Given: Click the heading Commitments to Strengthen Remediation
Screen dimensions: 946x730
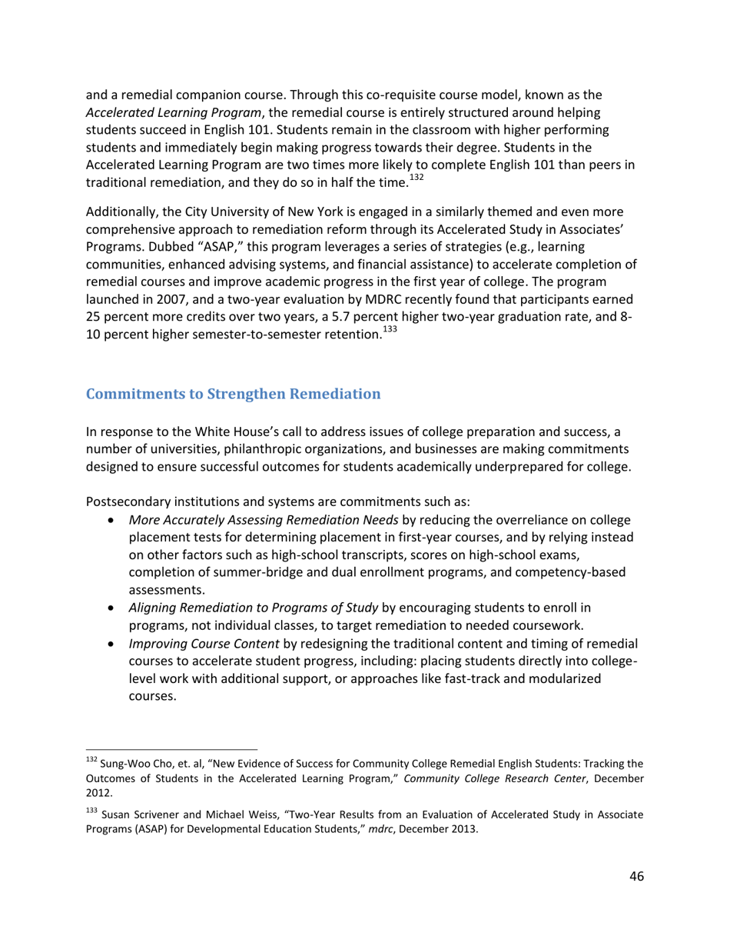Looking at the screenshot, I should [x=233, y=394].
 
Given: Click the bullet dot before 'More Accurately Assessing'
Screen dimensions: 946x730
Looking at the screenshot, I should [x=113, y=521].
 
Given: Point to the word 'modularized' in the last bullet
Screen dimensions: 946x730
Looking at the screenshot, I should [x=569, y=679].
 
